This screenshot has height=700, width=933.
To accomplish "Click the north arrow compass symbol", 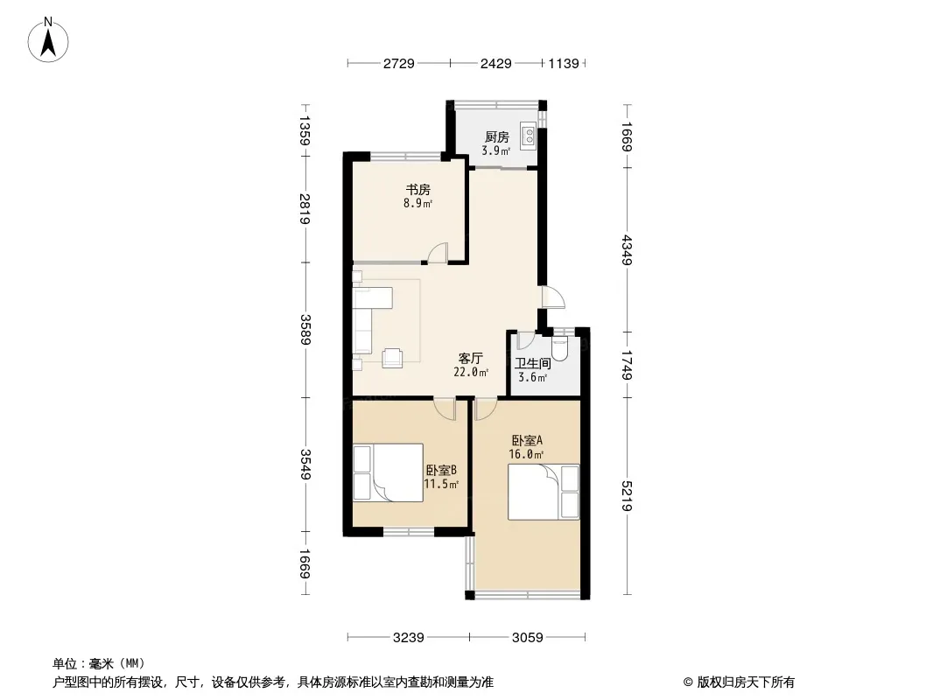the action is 48,39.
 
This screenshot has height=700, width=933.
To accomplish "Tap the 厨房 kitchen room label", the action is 497,137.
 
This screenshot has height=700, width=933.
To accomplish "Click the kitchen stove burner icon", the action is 528,135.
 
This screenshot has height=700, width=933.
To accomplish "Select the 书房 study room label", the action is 417,190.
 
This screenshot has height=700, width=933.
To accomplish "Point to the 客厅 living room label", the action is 470,359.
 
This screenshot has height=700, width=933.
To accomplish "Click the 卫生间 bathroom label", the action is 532,363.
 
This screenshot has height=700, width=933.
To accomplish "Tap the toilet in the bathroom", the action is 560,349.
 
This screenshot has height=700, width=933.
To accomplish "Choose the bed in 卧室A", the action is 544,492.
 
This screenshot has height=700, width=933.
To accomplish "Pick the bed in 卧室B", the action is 388,472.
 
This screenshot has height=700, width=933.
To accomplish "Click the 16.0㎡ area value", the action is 526,454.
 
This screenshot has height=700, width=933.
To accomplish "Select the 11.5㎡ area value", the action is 441,484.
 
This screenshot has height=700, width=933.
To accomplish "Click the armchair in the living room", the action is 392,357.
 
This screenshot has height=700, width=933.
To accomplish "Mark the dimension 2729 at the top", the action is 398,63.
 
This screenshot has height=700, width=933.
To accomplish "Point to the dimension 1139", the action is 564,63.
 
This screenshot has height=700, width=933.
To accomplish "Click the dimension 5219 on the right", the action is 627,496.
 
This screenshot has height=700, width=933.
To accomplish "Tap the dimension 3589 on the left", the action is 305,330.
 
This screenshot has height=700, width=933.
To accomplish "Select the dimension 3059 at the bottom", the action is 527,638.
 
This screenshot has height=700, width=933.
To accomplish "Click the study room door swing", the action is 438,253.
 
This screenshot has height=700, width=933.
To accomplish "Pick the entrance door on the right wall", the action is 553,297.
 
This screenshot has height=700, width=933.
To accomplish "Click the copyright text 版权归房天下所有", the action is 746,682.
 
